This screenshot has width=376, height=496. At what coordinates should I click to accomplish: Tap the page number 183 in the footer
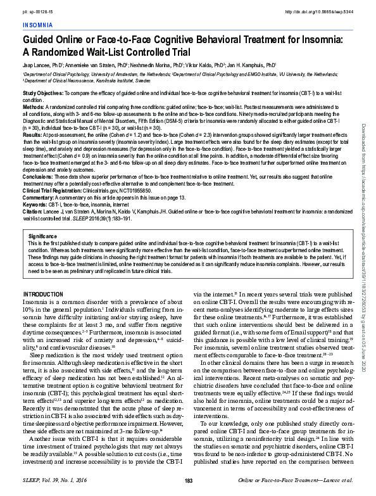point(188,482)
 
